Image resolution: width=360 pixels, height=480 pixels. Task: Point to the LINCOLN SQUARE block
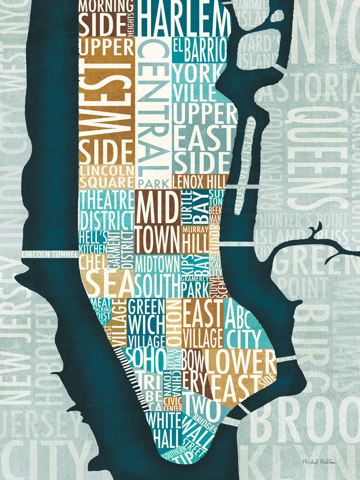[x=106, y=176]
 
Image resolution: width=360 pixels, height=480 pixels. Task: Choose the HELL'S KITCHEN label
[x=93, y=241]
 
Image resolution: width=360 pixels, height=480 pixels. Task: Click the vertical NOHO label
[x=172, y=323]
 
